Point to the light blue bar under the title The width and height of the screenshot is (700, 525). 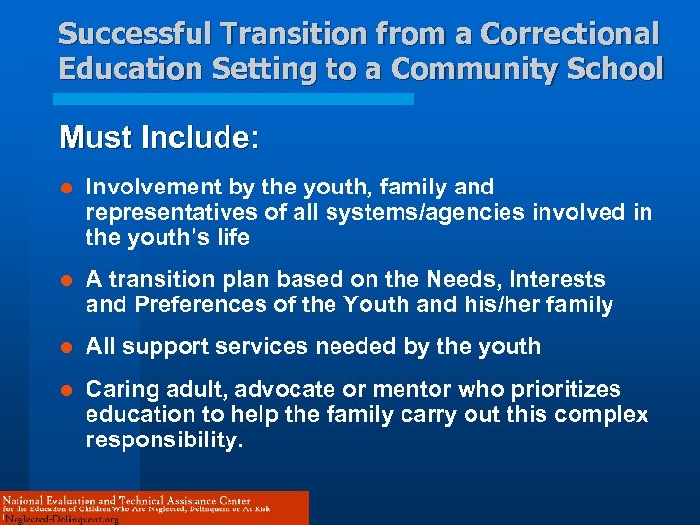pyautogui.click(x=236, y=99)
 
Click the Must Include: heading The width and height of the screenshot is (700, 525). pyautogui.click(x=159, y=137)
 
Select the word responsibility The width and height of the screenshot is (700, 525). pyautogui.click(x=162, y=440)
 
